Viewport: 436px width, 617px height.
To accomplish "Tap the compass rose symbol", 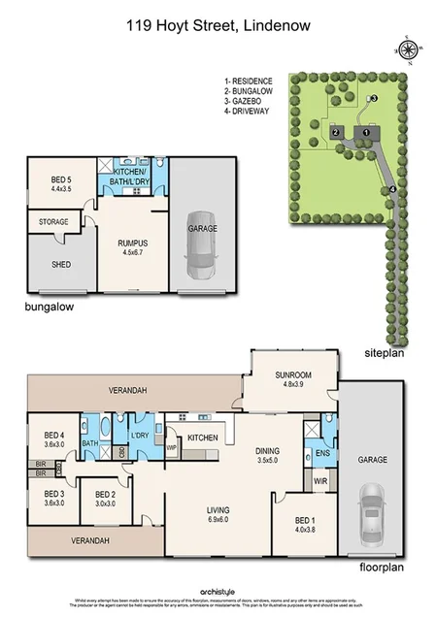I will (x=407, y=49).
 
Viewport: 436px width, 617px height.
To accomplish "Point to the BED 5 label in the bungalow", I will (x=55, y=182).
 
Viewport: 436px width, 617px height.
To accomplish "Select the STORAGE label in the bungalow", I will (x=53, y=222).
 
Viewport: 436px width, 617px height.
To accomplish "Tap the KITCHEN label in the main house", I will (x=202, y=439).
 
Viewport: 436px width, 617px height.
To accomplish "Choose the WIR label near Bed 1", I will (x=319, y=481).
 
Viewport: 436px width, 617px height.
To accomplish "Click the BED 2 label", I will (x=105, y=499).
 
